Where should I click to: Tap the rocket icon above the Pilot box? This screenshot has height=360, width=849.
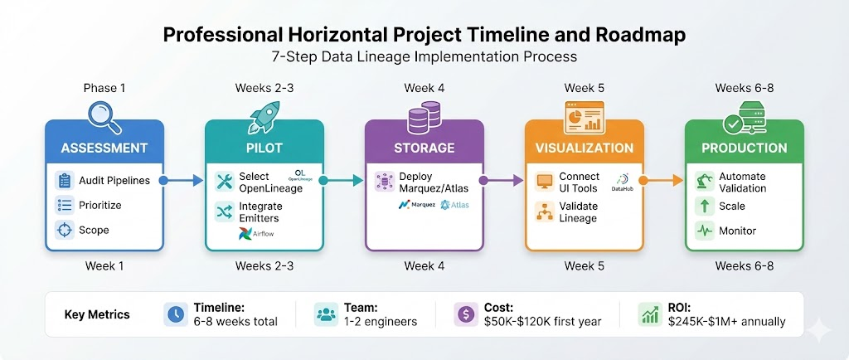(264, 117)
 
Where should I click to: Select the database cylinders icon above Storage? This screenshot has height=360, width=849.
(424, 118)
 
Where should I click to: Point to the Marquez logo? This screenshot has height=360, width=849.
(416, 205)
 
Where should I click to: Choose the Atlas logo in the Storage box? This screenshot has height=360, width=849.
(454, 205)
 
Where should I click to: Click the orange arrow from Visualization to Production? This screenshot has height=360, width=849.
(661, 181)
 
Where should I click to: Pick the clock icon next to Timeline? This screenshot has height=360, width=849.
(176, 314)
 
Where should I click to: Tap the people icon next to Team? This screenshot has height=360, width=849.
(326, 314)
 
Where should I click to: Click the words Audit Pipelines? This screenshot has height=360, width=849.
(114, 180)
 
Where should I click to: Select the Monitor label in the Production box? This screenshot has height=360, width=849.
(737, 231)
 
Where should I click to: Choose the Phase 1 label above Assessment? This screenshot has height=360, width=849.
(104, 88)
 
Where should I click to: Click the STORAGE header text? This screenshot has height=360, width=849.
(424, 148)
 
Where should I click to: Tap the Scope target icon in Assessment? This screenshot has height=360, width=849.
(65, 230)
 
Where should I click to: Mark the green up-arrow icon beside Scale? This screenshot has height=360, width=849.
(705, 207)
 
